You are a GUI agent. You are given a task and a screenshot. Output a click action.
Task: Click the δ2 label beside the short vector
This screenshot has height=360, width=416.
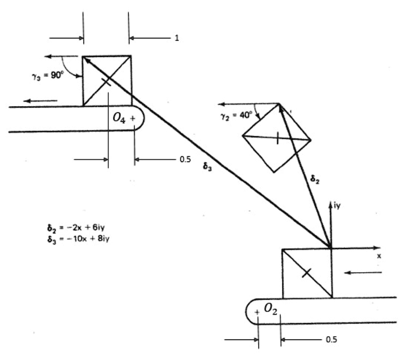pos(315,179)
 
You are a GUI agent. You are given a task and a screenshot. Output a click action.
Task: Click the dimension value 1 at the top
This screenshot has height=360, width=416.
pos(176,39)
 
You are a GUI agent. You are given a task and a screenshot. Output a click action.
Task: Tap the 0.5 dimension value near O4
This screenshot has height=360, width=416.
pos(185,160)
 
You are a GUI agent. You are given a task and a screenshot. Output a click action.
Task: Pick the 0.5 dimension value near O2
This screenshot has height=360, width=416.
pos(332,339)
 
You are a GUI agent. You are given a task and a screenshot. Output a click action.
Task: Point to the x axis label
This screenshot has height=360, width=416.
pos(379,256)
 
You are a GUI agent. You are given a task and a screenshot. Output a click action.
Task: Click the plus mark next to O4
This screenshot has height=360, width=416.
pos(132,118)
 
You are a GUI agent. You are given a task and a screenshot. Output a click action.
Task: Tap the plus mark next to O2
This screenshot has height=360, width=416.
pos(257,312)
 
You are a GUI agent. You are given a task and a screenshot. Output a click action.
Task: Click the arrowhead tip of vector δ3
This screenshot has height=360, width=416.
pos(84,57)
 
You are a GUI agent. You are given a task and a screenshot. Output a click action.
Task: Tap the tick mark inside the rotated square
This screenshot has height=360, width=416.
pos(277,138)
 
